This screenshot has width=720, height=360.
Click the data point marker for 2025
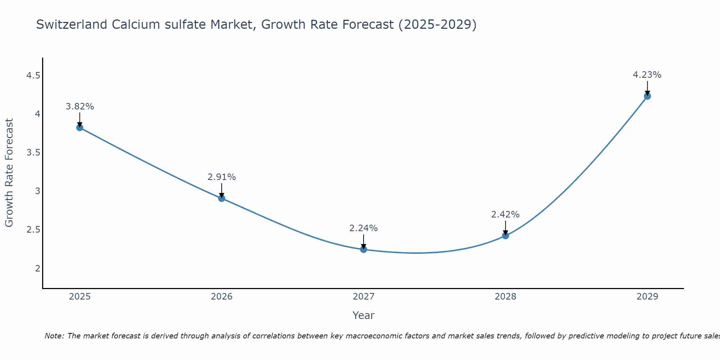[80, 127]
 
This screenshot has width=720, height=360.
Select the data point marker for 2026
[222, 198]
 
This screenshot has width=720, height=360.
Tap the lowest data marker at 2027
[364, 249]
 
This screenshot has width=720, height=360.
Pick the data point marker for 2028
[505, 236]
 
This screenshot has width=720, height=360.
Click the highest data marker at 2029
[647, 96]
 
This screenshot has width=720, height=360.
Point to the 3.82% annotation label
[80, 107]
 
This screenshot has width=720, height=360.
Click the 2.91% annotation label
[222, 177]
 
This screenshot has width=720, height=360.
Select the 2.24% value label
[364, 228]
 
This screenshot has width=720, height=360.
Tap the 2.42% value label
[505, 215]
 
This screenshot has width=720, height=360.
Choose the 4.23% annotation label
[647, 75]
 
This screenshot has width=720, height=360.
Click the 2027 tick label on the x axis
[364, 297]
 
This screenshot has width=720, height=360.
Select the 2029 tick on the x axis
[647, 297]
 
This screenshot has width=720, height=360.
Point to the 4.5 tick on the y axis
[33, 76]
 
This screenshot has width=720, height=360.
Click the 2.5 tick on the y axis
[33, 230]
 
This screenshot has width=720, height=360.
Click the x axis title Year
[364, 315]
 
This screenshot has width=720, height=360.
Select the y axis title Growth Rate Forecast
[9, 173]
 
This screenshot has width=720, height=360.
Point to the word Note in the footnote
[54, 336]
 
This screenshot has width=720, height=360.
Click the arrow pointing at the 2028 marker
[505, 228]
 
